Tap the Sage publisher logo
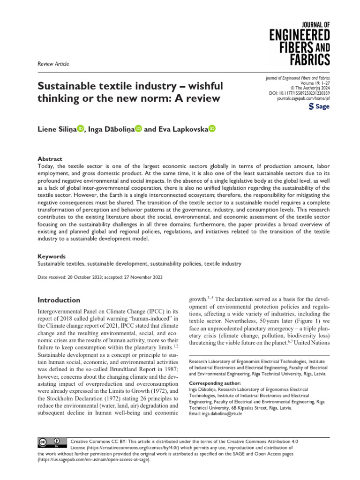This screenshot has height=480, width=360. point(319,106)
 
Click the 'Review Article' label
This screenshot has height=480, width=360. point(53,64)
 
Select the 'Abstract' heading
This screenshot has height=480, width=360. point(50,159)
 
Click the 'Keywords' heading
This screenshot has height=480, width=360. point(52,256)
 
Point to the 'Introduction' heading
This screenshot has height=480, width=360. point(59,300)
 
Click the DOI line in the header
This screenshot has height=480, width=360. point(299,93)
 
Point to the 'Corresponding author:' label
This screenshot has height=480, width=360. point(217,383)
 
